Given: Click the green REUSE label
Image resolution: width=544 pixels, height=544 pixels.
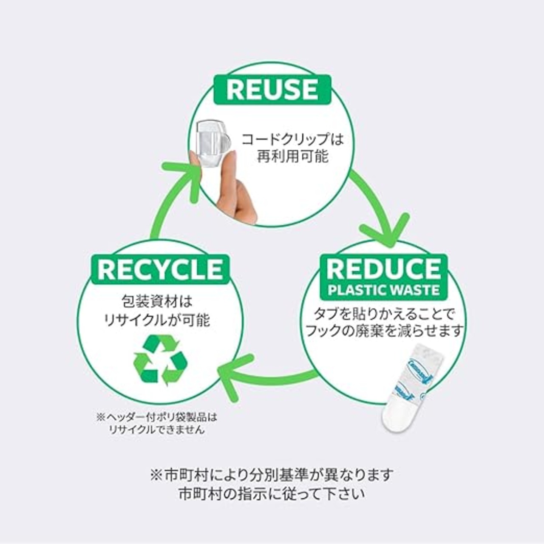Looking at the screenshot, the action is (x=272, y=90).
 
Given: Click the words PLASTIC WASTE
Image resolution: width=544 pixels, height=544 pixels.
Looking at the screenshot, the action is (x=384, y=290).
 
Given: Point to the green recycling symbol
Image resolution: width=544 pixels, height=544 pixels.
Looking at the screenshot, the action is (x=160, y=360).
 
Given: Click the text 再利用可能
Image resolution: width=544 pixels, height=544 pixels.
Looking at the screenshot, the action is (x=292, y=156).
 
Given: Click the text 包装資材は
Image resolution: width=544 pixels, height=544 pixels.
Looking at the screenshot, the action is (x=157, y=301).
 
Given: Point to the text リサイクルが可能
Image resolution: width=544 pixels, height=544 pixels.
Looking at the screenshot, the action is (x=157, y=320).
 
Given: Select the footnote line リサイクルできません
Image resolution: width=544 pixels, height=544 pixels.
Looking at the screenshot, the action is (x=157, y=430).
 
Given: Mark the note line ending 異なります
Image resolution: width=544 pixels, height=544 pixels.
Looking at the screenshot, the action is (x=272, y=475).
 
